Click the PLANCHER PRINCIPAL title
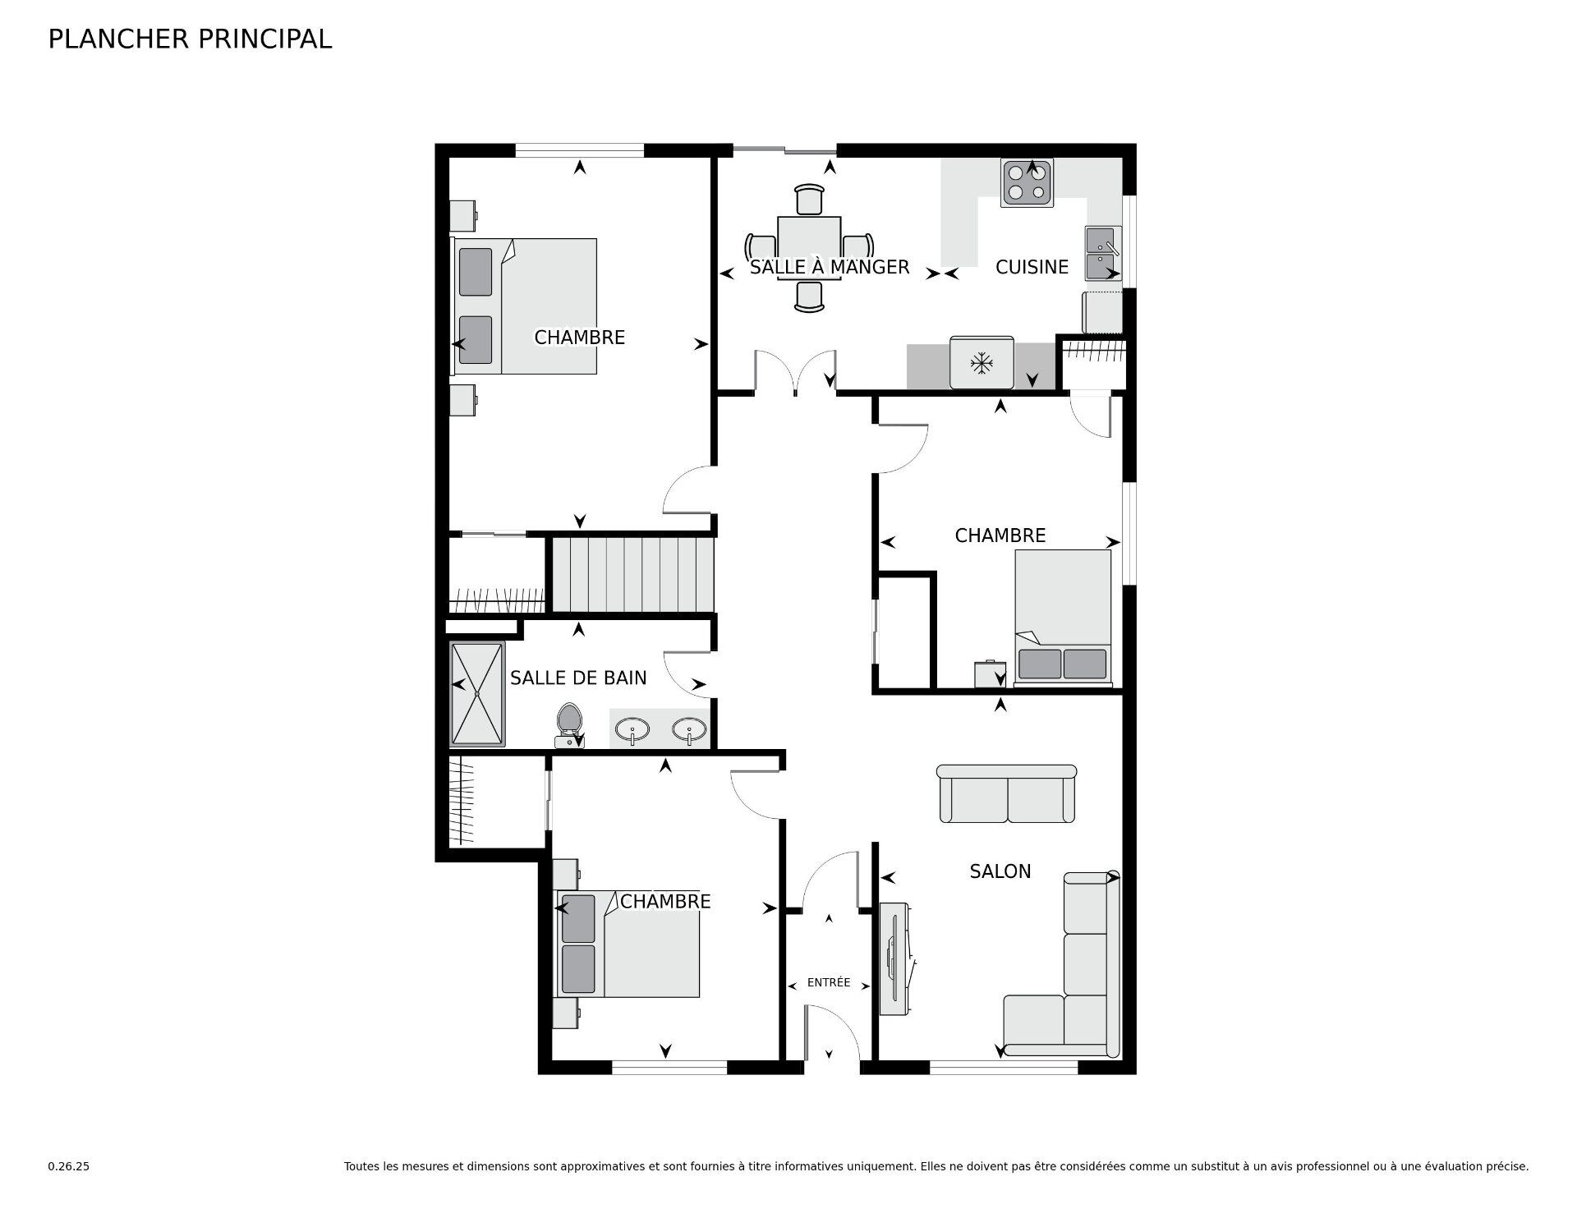pyautogui.click(x=190, y=39)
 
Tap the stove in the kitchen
pyautogui.click(x=1027, y=182)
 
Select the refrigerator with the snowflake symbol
pyautogui.click(x=982, y=362)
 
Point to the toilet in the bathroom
pyautogui.click(x=568, y=725)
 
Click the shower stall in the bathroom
pyautogui.click(x=477, y=694)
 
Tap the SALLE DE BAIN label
pyautogui.click(x=578, y=678)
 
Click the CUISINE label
pyautogui.click(x=1032, y=267)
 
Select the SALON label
pyautogui.click(x=1000, y=871)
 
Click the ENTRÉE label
pyautogui.click(x=829, y=982)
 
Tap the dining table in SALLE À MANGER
pyautogui.click(x=809, y=247)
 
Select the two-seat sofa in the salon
pyautogui.click(x=1007, y=793)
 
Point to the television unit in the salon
pyautogui.click(x=894, y=959)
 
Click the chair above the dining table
pyautogui.click(x=809, y=200)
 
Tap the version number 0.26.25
pyautogui.click(x=69, y=1166)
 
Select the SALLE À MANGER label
pyautogui.click(x=830, y=267)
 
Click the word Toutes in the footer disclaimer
pyautogui.click(x=361, y=1166)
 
